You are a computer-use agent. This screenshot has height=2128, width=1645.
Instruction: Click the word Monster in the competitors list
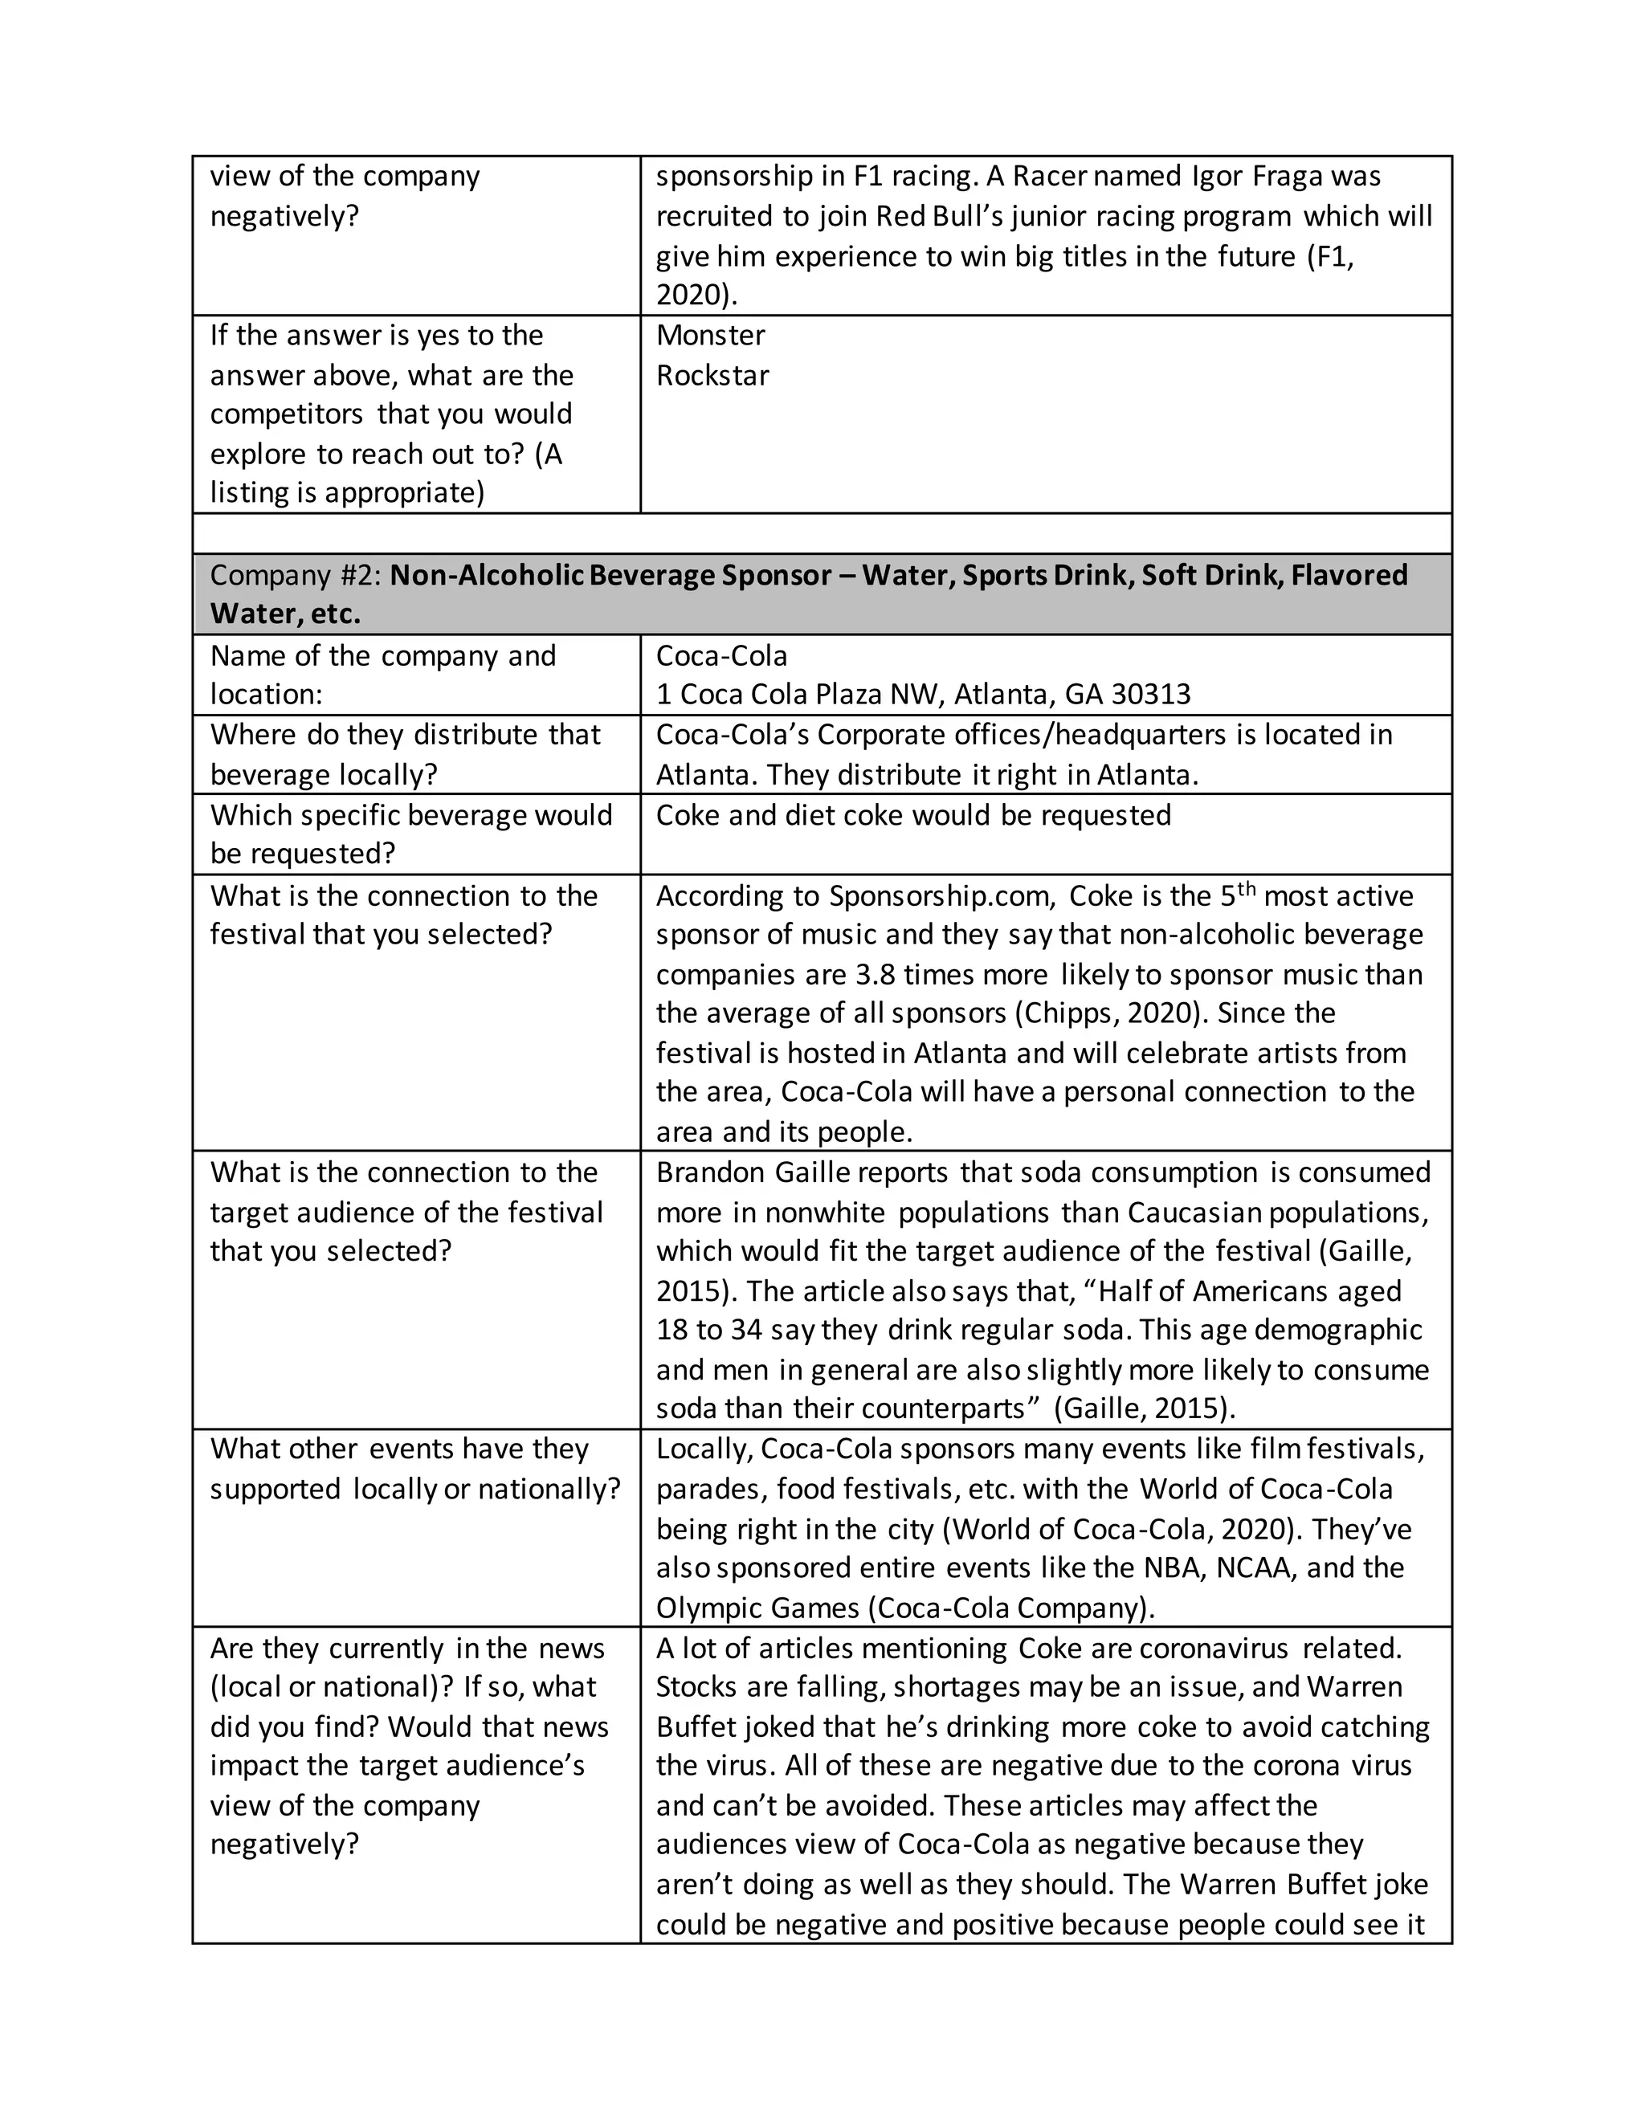tap(710, 335)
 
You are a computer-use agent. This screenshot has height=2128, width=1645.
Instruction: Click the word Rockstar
tap(712, 375)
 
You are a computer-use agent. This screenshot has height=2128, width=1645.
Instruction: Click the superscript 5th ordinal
tap(1237, 892)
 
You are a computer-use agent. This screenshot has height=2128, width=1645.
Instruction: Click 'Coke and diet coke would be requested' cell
tap(913, 816)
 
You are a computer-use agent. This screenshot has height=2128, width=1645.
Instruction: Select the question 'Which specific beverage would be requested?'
tap(410, 834)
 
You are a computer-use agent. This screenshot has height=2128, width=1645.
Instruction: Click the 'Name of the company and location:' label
tap(383, 675)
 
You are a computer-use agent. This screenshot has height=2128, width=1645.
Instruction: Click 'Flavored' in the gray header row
tap(1349, 575)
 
